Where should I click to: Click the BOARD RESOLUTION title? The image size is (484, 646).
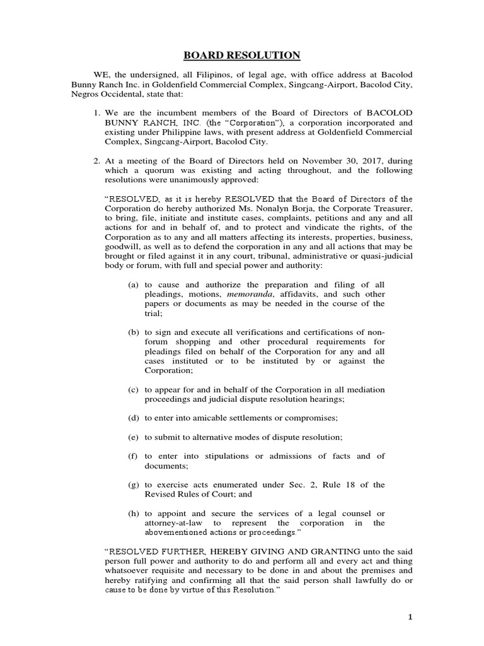point(242,55)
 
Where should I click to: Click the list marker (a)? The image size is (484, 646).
point(133,285)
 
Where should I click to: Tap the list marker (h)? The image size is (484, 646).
point(133,514)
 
